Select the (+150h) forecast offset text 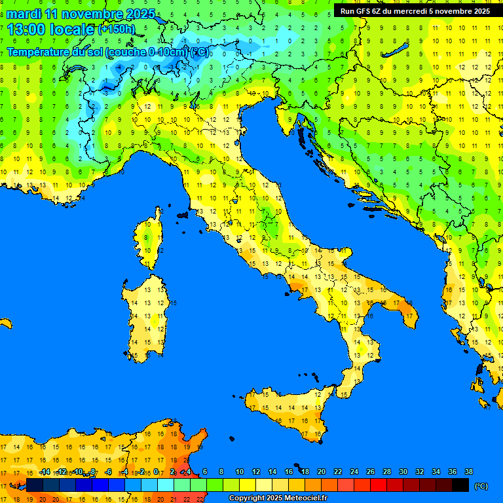[116, 29]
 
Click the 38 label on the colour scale [468, 472]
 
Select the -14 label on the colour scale [45, 472]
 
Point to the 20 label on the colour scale [321, 472]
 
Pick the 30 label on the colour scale [403, 472]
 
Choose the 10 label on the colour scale [240, 472]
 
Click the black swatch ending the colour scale [460, 485]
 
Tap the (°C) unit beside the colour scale [481, 486]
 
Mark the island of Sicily [288, 413]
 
